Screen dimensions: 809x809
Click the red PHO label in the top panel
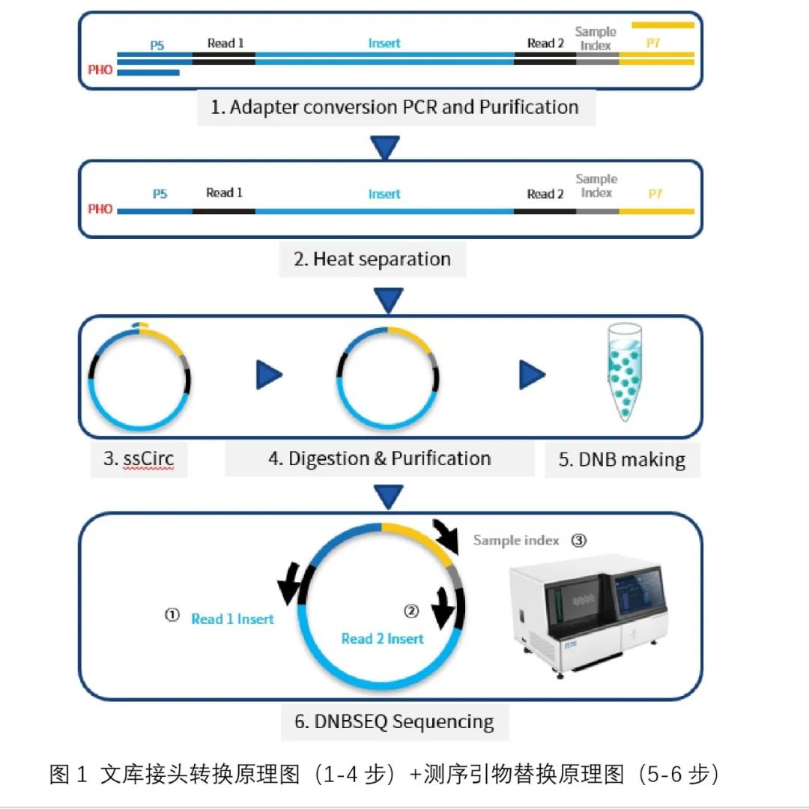100,70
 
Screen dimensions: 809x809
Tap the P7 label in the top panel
653,43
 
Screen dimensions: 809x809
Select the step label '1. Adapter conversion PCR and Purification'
395,107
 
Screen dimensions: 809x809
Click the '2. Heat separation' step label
372,258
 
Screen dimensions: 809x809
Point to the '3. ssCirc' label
139,458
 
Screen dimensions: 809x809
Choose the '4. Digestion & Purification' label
379,458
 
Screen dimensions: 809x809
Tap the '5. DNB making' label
622,459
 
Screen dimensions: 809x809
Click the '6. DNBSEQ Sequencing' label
394,721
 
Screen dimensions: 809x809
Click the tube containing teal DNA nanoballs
625,372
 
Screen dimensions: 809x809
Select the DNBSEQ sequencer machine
588,614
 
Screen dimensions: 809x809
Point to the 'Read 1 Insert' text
232,619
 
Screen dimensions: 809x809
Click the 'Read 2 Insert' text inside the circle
382,639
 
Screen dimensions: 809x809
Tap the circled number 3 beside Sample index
579,540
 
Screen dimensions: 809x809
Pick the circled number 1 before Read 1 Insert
172,615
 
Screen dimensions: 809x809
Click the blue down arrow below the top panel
385,147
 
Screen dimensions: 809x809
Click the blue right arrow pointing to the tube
532,375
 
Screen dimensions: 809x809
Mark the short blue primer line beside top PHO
148,73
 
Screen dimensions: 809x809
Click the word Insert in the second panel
384,194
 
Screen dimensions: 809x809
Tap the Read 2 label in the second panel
545,194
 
